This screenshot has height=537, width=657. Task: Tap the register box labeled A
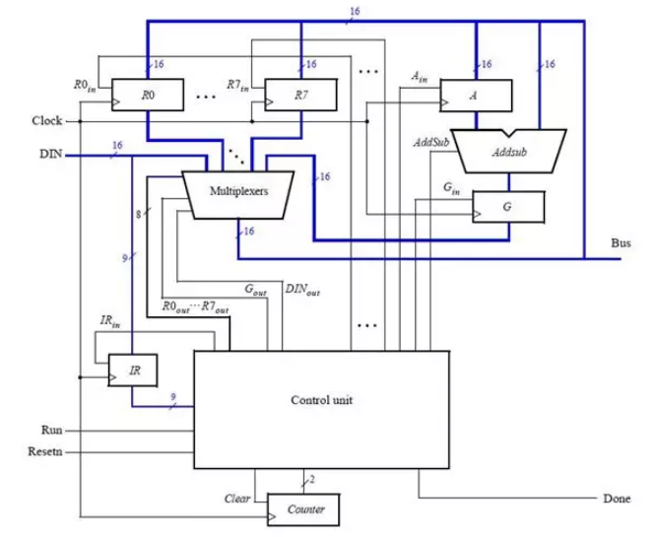pyautogui.click(x=476, y=95)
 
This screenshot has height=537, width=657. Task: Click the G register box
pyautogui.click(x=506, y=206)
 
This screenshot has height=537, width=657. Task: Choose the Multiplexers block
pyautogui.click(x=239, y=188)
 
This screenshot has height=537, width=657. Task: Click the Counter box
pyautogui.click(x=305, y=509)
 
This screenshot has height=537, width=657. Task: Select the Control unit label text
pyautogui.click(x=321, y=400)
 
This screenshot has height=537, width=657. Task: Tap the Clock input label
pyautogui.click(x=45, y=121)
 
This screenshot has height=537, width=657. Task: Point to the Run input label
pyautogui.click(x=52, y=431)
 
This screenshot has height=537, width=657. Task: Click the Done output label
pyautogui.click(x=618, y=499)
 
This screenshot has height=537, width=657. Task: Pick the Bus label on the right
pyautogui.click(x=622, y=242)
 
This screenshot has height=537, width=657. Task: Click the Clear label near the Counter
pyautogui.click(x=238, y=499)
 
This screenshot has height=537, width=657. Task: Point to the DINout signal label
pyautogui.click(x=301, y=291)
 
